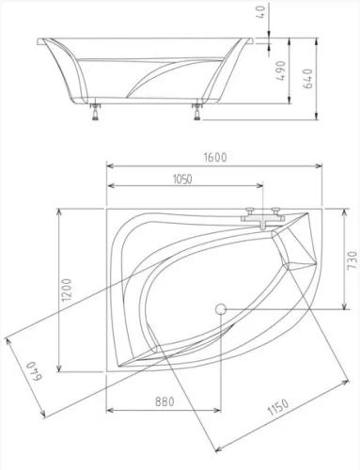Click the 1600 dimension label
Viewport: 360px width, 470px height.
point(215,157)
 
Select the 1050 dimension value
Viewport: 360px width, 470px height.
point(182,180)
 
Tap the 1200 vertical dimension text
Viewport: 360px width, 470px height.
point(67,290)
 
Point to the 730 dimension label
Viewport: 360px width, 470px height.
point(352,259)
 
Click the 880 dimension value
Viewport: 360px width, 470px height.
point(164,401)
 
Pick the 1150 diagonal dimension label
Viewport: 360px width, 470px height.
point(278,407)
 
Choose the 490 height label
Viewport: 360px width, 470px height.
point(281,70)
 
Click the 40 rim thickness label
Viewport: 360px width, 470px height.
point(260,11)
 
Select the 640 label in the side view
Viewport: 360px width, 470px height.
point(308,78)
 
